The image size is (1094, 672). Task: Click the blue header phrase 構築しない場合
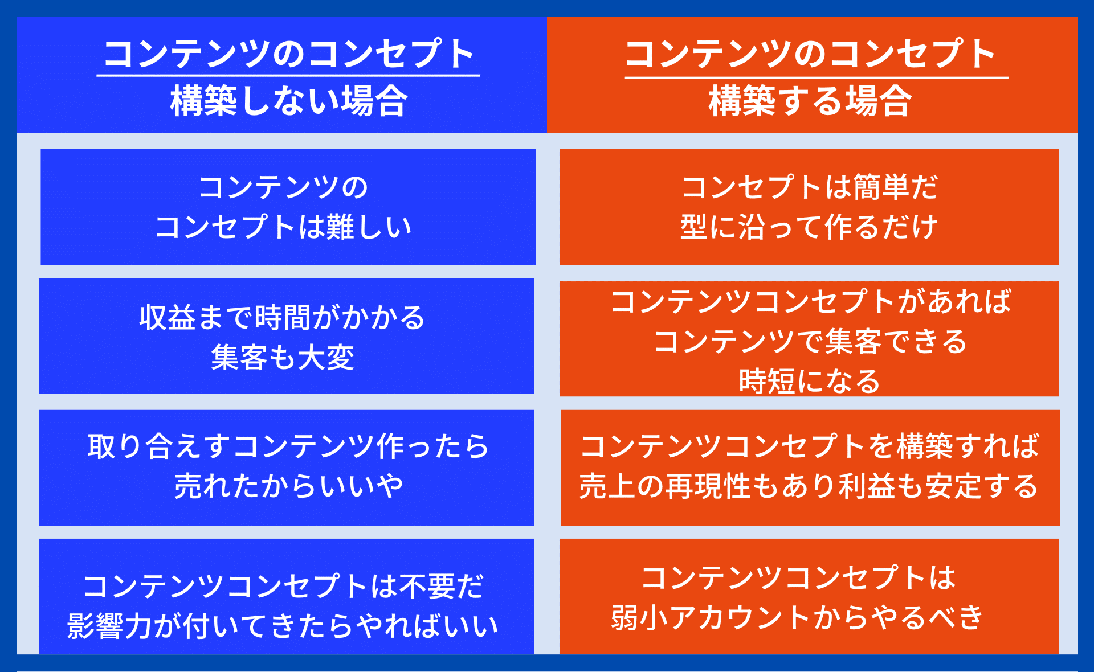pyautogui.click(x=289, y=101)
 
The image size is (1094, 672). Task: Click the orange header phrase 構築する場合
pyautogui.click(x=810, y=101)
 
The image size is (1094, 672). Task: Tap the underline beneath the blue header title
pyautogui.click(x=288, y=75)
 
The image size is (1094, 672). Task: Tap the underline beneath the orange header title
pyautogui.click(x=817, y=77)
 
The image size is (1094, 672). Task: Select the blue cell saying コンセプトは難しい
pyautogui.click(x=288, y=207)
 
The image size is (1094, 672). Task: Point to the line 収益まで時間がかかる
pyautogui.click(x=283, y=317)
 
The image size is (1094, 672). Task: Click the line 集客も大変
pyautogui.click(x=283, y=358)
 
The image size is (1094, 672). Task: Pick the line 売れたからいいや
pyautogui.click(x=288, y=486)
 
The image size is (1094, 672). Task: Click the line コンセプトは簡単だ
pyautogui.click(x=809, y=187)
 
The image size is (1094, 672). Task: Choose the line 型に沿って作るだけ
pyautogui.click(x=809, y=227)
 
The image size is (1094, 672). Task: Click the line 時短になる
pyautogui.click(x=810, y=381)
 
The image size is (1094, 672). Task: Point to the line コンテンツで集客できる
pyautogui.click(x=810, y=341)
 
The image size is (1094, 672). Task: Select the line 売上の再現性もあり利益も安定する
pyautogui.click(x=809, y=486)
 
